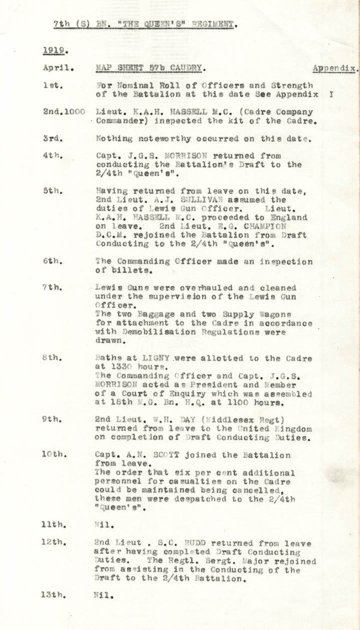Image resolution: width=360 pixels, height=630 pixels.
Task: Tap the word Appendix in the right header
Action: [334, 68]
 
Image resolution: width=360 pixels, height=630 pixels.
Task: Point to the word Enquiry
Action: [183, 394]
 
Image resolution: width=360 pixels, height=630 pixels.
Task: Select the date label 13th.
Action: [55, 595]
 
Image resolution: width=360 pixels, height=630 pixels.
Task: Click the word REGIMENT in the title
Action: [213, 24]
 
